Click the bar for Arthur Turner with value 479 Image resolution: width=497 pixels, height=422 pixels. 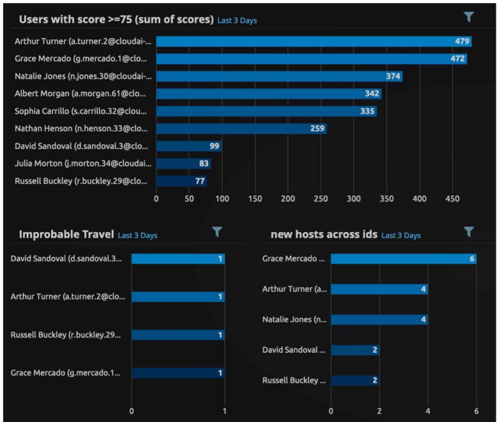(314, 41)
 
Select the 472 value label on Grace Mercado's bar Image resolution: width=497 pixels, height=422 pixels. (459, 59)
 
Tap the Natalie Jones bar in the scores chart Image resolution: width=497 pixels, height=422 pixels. (279, 76)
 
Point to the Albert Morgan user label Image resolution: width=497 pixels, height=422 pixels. (80, 94)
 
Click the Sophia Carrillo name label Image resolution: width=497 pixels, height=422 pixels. (80, 111)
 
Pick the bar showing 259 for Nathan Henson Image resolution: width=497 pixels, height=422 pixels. (241, 129)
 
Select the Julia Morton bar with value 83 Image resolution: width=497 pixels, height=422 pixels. (183, 164)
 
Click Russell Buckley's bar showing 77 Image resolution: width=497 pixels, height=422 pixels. (182, 181)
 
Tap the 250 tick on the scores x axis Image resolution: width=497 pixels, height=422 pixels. (321, 199)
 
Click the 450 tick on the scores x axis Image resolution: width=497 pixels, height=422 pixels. (452, 199)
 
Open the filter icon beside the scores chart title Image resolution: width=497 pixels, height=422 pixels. (468, 17)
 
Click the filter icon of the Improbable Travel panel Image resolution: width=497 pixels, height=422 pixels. (217, 232)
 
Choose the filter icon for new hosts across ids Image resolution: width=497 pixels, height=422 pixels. (468, 232)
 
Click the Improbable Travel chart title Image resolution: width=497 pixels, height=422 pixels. (66, 235)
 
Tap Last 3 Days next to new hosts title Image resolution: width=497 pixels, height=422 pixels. (401, 236)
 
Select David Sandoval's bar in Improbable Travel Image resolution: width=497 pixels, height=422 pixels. (178, 259)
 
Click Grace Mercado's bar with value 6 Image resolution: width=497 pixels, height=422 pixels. (403, 259)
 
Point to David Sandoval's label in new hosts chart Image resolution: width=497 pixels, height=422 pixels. (294, 350)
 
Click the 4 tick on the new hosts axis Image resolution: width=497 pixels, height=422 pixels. (428, 411)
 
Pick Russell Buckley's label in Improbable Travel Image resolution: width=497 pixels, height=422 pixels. (66, 335)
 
